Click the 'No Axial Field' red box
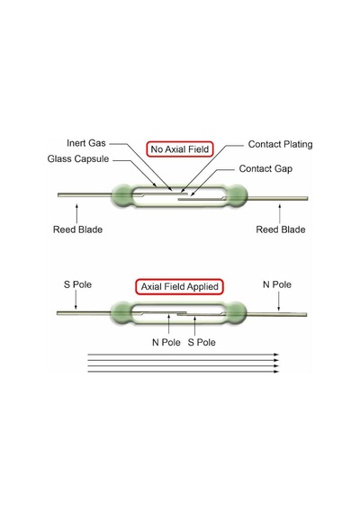tap(180, 149)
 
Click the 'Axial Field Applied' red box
tap(179, 286)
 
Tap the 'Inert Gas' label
tap(86, 143)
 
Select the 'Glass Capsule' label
tap(78, 159)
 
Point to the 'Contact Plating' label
tap(280, 144)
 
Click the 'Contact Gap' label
tap(265, 169)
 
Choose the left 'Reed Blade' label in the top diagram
tap(78, 229)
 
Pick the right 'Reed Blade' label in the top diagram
tap(281, 229)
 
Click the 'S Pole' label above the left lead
tap(77, 284)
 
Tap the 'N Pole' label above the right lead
tap(277, 284)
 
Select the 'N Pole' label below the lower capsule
tap(166, 342)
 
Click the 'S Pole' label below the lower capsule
tap(202, 342)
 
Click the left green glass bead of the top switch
tap(122, 195)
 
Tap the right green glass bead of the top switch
tap(237, 195)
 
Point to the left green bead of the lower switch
tap(121, 313)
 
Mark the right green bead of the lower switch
tap(236, 313)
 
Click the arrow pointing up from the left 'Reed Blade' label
tap(76, 213)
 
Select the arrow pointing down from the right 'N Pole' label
tap(278, 301)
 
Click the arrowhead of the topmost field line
tap(276, 355)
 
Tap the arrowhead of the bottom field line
tap(276, 372)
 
